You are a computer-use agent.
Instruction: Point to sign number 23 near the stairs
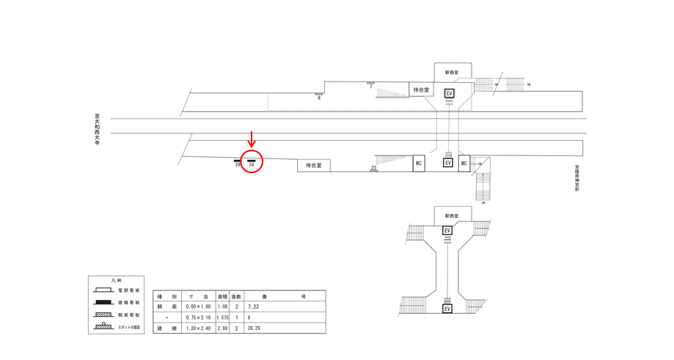pyautogui.click(x=373, y=169)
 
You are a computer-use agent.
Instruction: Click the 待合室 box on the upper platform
pyautogui.click(x=421, y=90)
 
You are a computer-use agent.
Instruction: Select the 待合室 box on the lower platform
pyautogui.click(x=313, y=166)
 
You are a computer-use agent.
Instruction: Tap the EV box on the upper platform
pyautogui.click(x=450, y=94)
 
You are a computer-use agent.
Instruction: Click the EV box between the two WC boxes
pyautogui.click(x=448, y=163)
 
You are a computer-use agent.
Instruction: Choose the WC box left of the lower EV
pyautogui.click(x=419, y=164)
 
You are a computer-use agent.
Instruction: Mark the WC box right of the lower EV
pyautogui.click(x=464, y=164)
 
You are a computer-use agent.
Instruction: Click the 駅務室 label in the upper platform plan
pyautogui.click(x=452, y=73)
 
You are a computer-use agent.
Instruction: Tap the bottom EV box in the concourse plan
pyautogui.click(x=447, y=309)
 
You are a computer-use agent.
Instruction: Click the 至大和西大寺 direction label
pyautogui.click(x=96, y=131)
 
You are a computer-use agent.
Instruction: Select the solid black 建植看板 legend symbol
pyautogui.click(x=104, y=302)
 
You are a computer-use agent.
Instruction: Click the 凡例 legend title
pyautogui.click(x=116, y=281)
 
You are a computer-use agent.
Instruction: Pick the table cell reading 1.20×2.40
pyautogui.click(x=197, y=328)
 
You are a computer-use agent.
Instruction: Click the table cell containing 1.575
pyautogui.click(x=222, y=317)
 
